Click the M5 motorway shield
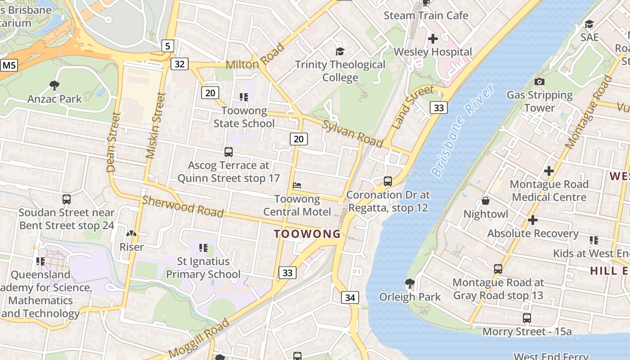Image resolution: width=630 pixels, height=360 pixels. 9,65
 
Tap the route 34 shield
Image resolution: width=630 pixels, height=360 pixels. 350,297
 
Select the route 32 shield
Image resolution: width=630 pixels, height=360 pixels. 179,64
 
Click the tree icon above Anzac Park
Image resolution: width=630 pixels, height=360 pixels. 54,85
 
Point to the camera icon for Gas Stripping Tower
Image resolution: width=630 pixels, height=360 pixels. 539,81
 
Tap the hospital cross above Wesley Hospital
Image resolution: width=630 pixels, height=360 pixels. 432,39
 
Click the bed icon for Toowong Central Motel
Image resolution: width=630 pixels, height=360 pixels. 297,185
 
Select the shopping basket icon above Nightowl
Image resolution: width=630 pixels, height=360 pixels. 485,200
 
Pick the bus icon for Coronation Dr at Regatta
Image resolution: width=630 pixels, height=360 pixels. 387,181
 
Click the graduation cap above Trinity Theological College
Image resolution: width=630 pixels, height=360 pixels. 340,51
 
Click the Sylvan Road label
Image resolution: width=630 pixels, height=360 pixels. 352,133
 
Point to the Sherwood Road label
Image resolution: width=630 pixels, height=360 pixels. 183,206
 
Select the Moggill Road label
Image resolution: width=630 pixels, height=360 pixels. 199,338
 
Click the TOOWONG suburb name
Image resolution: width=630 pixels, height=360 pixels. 307,234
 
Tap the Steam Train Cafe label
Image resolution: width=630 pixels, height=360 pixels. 426,15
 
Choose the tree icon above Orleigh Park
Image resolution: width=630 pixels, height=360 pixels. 409,283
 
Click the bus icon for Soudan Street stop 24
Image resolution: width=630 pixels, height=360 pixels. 67,199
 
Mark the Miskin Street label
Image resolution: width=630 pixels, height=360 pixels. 156,126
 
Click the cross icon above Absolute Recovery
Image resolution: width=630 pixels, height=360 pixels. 533,220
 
